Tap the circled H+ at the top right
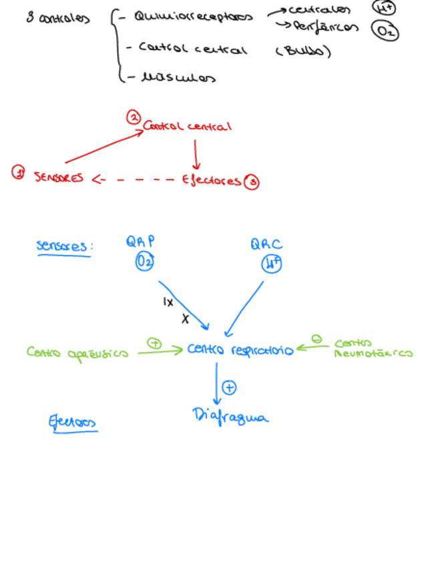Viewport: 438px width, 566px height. [x=383, y=7]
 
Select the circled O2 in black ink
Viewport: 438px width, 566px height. [x=385, y=31]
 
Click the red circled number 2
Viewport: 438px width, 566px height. [x=134, y=118]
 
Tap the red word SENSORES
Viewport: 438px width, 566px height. [x=59, y=178]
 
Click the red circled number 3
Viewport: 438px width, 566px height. [x=252, y=182]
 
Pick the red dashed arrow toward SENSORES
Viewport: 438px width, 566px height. [x=134, y=179]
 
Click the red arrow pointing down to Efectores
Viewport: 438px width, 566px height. [x=196, y=155]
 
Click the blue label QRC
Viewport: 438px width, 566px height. [x=267, y=245]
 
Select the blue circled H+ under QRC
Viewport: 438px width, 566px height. [x=272, y=264]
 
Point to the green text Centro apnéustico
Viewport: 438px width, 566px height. [x=77, y=352]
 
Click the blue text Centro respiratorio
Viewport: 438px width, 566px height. [x=240, y=350]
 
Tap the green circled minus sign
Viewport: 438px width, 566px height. [x=317, y=340]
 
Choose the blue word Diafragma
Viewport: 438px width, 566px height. [x=230, y=417]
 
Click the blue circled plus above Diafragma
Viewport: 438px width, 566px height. [x=229, y=387]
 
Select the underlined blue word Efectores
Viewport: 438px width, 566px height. [x=72, y=422]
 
